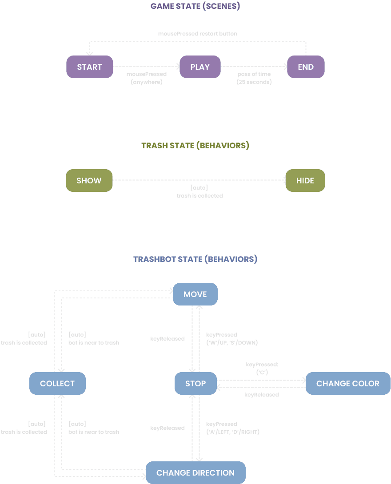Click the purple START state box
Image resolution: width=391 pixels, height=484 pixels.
click(89, 67)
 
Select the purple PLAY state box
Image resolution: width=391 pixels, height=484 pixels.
click(200, 67)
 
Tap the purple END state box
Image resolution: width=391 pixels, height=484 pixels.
click(306, 67)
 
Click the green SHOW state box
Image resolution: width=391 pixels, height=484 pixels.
click(89, 181)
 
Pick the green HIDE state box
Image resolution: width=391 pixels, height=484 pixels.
click(305, 181)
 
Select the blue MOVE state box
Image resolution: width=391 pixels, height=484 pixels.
click(195, 294)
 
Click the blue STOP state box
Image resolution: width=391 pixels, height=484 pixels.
click(195, 384)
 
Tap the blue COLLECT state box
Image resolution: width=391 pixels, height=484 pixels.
click(57, 384)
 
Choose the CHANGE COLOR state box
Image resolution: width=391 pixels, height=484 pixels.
click(348, 384)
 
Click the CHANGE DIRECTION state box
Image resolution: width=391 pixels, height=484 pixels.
click(195, 473)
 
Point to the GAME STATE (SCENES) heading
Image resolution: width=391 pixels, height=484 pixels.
click(195, 7)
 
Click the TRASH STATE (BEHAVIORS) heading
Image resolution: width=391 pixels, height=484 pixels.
click(195, 146)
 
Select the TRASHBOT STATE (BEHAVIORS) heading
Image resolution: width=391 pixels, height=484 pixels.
click(195, 259)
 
